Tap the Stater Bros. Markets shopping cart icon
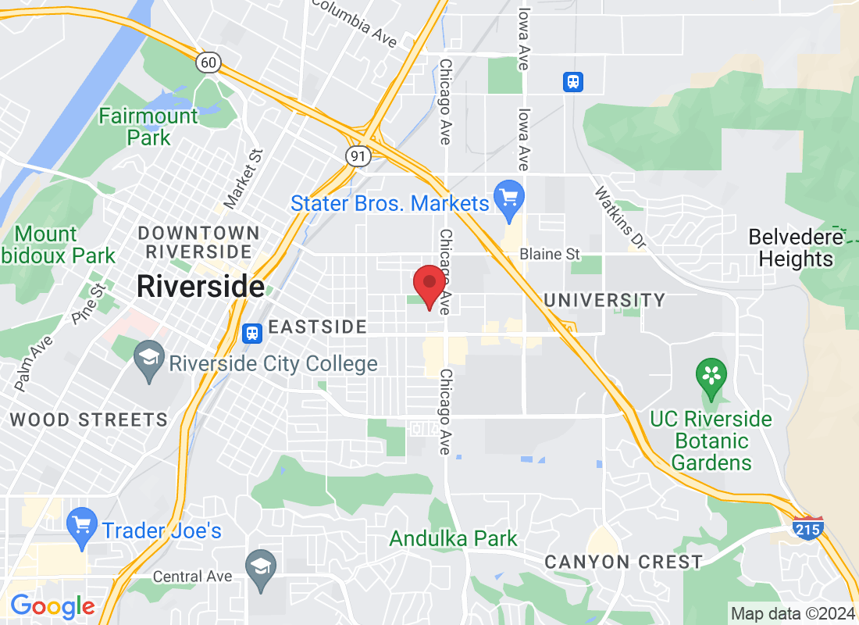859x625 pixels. click(509, 202)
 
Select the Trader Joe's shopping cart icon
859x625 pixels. click(81, 530)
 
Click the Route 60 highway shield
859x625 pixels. click(209, 62)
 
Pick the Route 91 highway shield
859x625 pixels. click(358, 155)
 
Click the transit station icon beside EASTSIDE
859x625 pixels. click(251, 334)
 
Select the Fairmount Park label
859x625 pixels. click(148, 127)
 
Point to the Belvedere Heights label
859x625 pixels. click(795, 248)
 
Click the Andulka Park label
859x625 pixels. click(454, 538)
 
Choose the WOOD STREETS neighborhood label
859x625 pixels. click(88, 420)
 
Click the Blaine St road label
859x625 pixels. click(551, 254)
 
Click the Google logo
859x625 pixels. click(52, 605)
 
